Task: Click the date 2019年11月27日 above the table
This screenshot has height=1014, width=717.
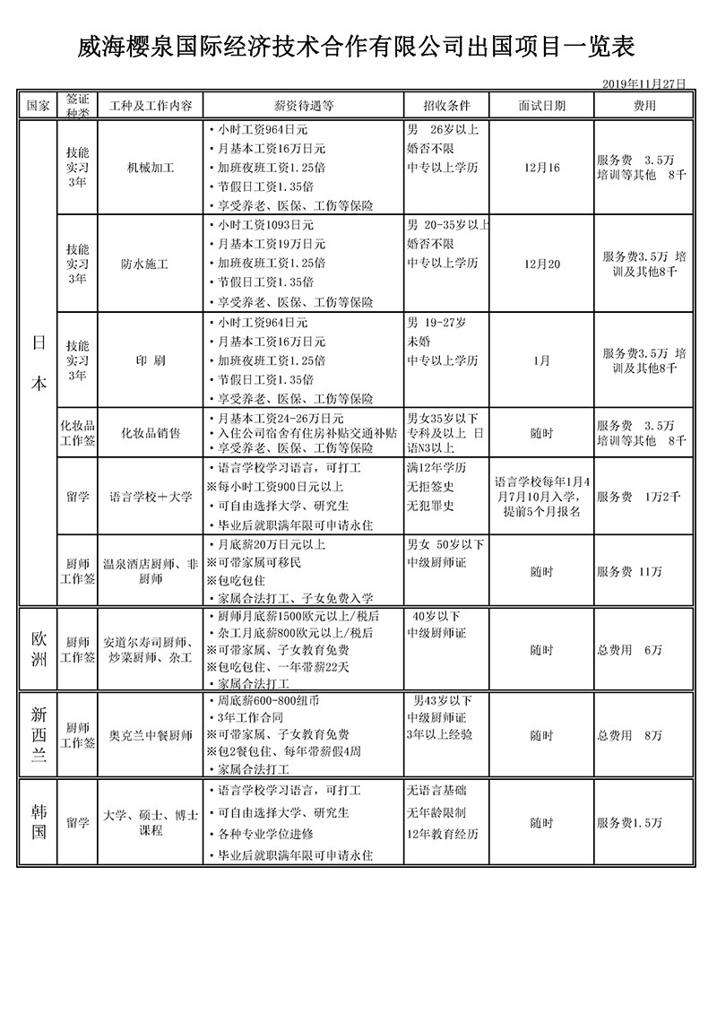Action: tap(644, 82)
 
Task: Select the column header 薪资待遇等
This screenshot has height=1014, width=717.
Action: tap(303, 105)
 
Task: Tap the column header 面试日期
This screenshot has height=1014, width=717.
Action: tap(541, 105)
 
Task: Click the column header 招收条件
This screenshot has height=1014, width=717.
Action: tap(445, 105)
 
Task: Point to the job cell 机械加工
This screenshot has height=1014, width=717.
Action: tap(151, 168)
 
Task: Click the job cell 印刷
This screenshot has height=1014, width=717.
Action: tap(151, 360)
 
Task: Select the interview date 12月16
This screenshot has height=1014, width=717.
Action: tap(541, 168)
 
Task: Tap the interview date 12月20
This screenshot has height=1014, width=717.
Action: tap(541, 264)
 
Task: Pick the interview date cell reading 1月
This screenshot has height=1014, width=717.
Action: tap(541, 360)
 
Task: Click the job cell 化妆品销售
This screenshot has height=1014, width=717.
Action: tap(151, 433)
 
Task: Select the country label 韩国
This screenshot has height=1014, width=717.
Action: tap(39, 821)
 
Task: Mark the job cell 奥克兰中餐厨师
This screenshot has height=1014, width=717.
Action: tap(151, 736)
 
